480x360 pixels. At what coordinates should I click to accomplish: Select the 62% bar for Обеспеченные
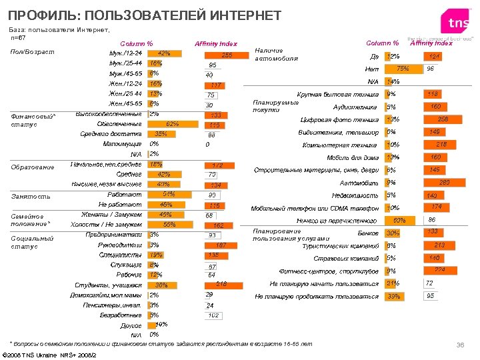coord(170,124)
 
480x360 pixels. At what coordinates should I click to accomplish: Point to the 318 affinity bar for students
coord(221,285)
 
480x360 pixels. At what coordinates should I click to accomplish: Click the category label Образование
coord(33,167)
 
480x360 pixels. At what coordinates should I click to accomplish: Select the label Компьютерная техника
coord(340,145)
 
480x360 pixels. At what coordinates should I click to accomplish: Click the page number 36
coord(459,344)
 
